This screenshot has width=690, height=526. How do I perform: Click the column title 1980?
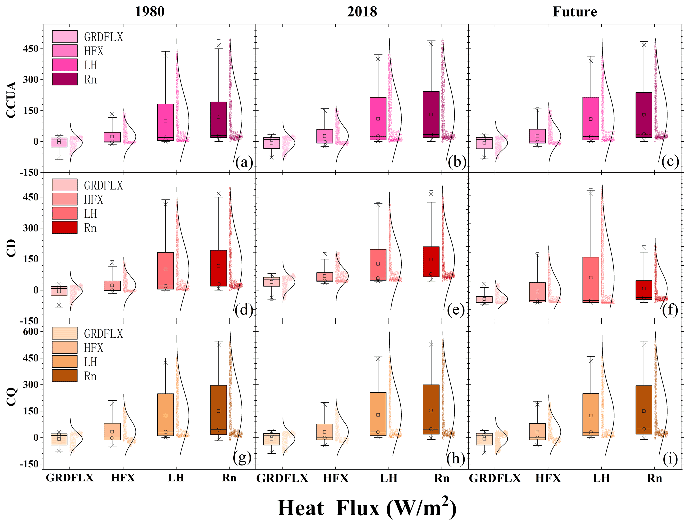pos(149,12)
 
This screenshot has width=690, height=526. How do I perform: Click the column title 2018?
pos(362,12)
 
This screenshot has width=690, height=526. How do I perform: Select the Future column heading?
pos(574,12)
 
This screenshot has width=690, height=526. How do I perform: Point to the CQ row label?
pos(11,396)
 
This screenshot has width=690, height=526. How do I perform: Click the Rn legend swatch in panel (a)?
pos(65,79)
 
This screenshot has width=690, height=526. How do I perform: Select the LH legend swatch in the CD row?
pos(65,213)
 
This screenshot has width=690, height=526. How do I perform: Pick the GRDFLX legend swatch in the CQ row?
pos(65,333)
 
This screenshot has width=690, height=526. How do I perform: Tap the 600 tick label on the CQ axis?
pos(31,331)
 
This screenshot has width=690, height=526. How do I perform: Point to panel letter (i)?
pos(670,459)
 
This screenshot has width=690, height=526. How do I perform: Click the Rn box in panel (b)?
pos(431,114)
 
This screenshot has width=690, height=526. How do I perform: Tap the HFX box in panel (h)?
pos(325,432)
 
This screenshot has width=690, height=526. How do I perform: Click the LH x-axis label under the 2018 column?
pos(389,478)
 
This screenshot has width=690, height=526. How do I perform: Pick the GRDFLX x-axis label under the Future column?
pos(495,478)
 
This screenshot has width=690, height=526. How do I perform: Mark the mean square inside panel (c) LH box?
pos(591,119)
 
